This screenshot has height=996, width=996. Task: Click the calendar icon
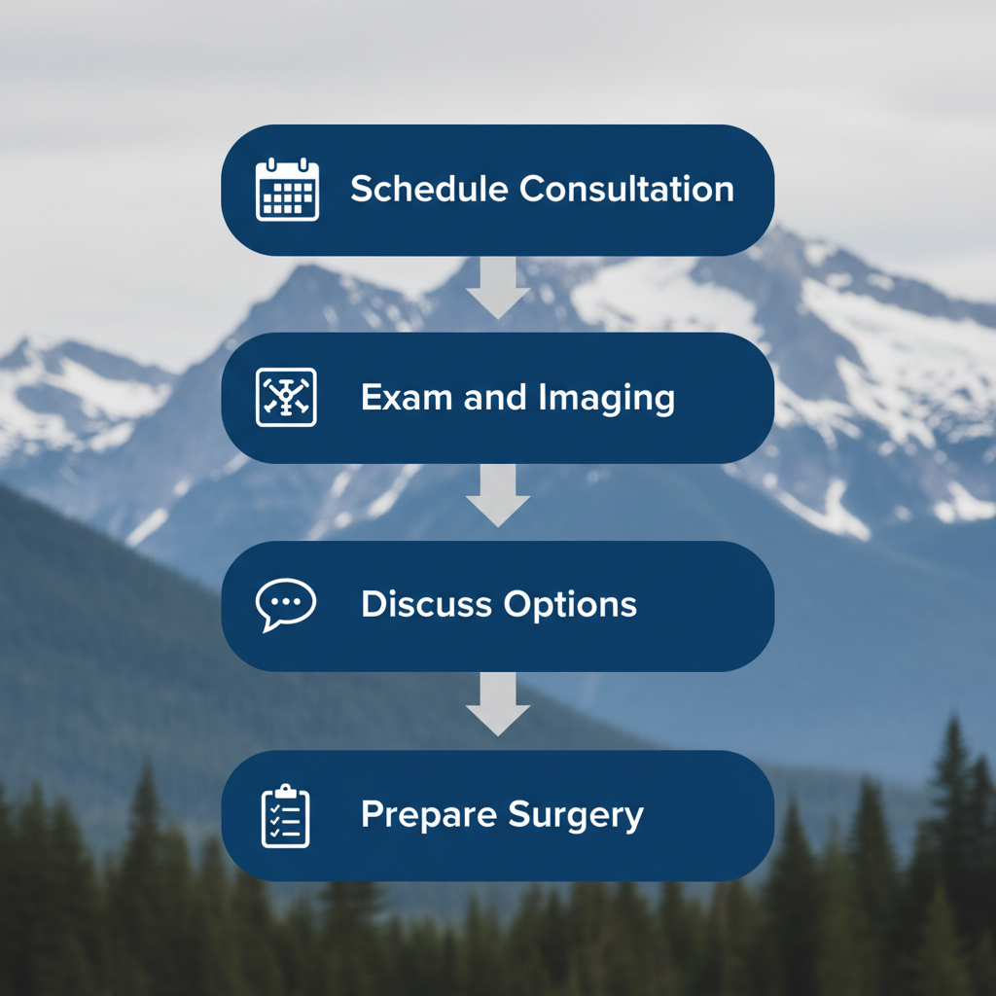pos(287,190)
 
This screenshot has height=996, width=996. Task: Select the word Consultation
pos(626,189)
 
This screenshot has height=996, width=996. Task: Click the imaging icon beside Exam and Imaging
pos(286,397)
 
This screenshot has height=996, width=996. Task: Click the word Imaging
pos(612,399)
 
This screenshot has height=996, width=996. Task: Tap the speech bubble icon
pos(285,604)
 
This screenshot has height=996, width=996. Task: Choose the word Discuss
pos(426,604)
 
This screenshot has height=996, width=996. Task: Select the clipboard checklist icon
pos(286,815)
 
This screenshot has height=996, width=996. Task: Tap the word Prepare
pos(424,815)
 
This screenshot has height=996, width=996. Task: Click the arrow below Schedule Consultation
pos(498,288)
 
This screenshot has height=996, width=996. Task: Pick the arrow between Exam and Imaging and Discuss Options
pos(498,496)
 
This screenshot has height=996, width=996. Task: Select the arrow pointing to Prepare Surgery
pos(498,704)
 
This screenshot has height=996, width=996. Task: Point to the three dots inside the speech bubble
pos(286,601)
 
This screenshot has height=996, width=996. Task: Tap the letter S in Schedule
pos(362,189)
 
